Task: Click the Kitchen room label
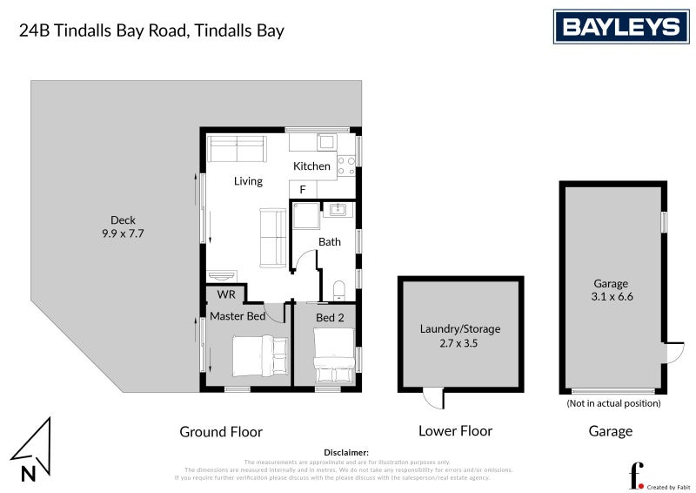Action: click(x=311, y=165)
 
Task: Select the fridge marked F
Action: click(x=303, y=189)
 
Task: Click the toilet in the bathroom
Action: click(x=340, y=287)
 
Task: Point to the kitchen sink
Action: click(x=327, y=142)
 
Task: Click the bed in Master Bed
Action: click(x=260, y=355)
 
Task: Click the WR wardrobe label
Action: click(x=226, y=294)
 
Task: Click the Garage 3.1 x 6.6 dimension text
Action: click(x=612, y=290)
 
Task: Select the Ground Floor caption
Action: click(x=220, y=431)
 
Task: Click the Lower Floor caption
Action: click(x=455, y=431)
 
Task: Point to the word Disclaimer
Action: click(x=345, y=453)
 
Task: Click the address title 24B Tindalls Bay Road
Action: click(x=151, y=30)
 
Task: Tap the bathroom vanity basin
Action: click(x=336, y=209)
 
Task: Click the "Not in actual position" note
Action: click(x=613, y=403)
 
